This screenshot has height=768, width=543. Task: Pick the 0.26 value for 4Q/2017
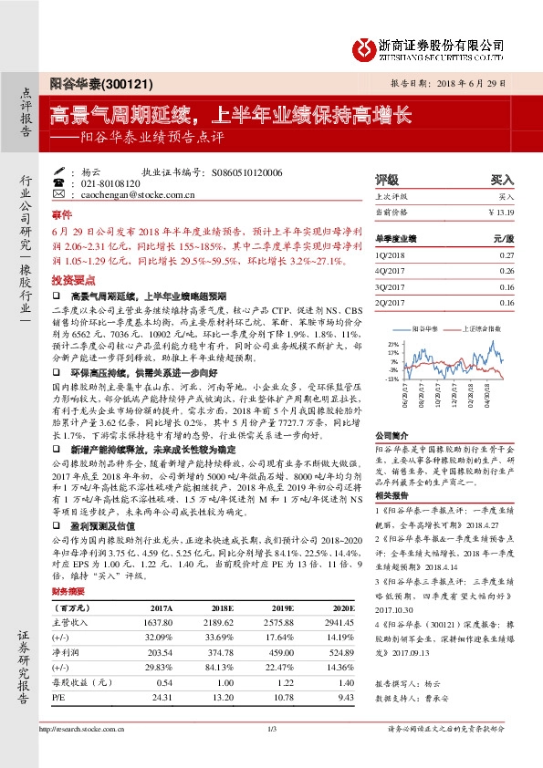[x=507, y=271]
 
